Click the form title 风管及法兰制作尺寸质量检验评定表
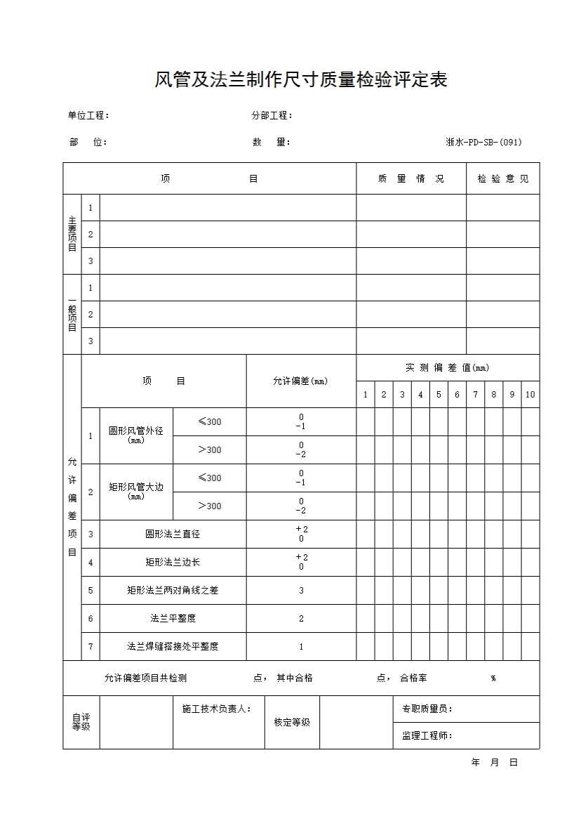[x=301, y=80]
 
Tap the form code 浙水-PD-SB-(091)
[x=483, y=142]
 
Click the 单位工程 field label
[x=88, y=116]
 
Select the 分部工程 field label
[x=272, y=116]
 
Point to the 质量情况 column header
[x=410, y=178]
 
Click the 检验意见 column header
[x=502, y=178]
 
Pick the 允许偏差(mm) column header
[x=300, y=381]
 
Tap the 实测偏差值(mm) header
[x=447, y=367]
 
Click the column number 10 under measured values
[x=530, y=395]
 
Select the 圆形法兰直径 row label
[x=173, y=534]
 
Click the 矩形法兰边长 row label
[x=173, y=562]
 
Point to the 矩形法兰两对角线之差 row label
[x=173, y=590]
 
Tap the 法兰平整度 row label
[x=173, y=618]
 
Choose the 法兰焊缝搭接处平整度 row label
[x=173, y=646]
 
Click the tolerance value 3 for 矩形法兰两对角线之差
[x=301, y=590]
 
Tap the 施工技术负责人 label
[x=216, y=709]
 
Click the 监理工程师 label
[x=427, y=735]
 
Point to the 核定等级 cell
[x=292, y=722]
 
